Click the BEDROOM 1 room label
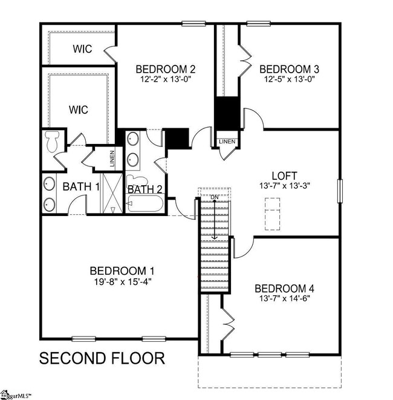[x=118, y=270]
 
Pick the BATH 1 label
[x=80, y=187]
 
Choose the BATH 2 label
[x=145, y=189]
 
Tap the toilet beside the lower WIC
[x=51, y=142]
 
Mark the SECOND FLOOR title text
[x=102, y=358]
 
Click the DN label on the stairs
[x=214, y=197]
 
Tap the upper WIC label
[x=82, y=49]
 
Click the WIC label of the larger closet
[x=78, y=110]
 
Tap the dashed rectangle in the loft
[x=273, y=216]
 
